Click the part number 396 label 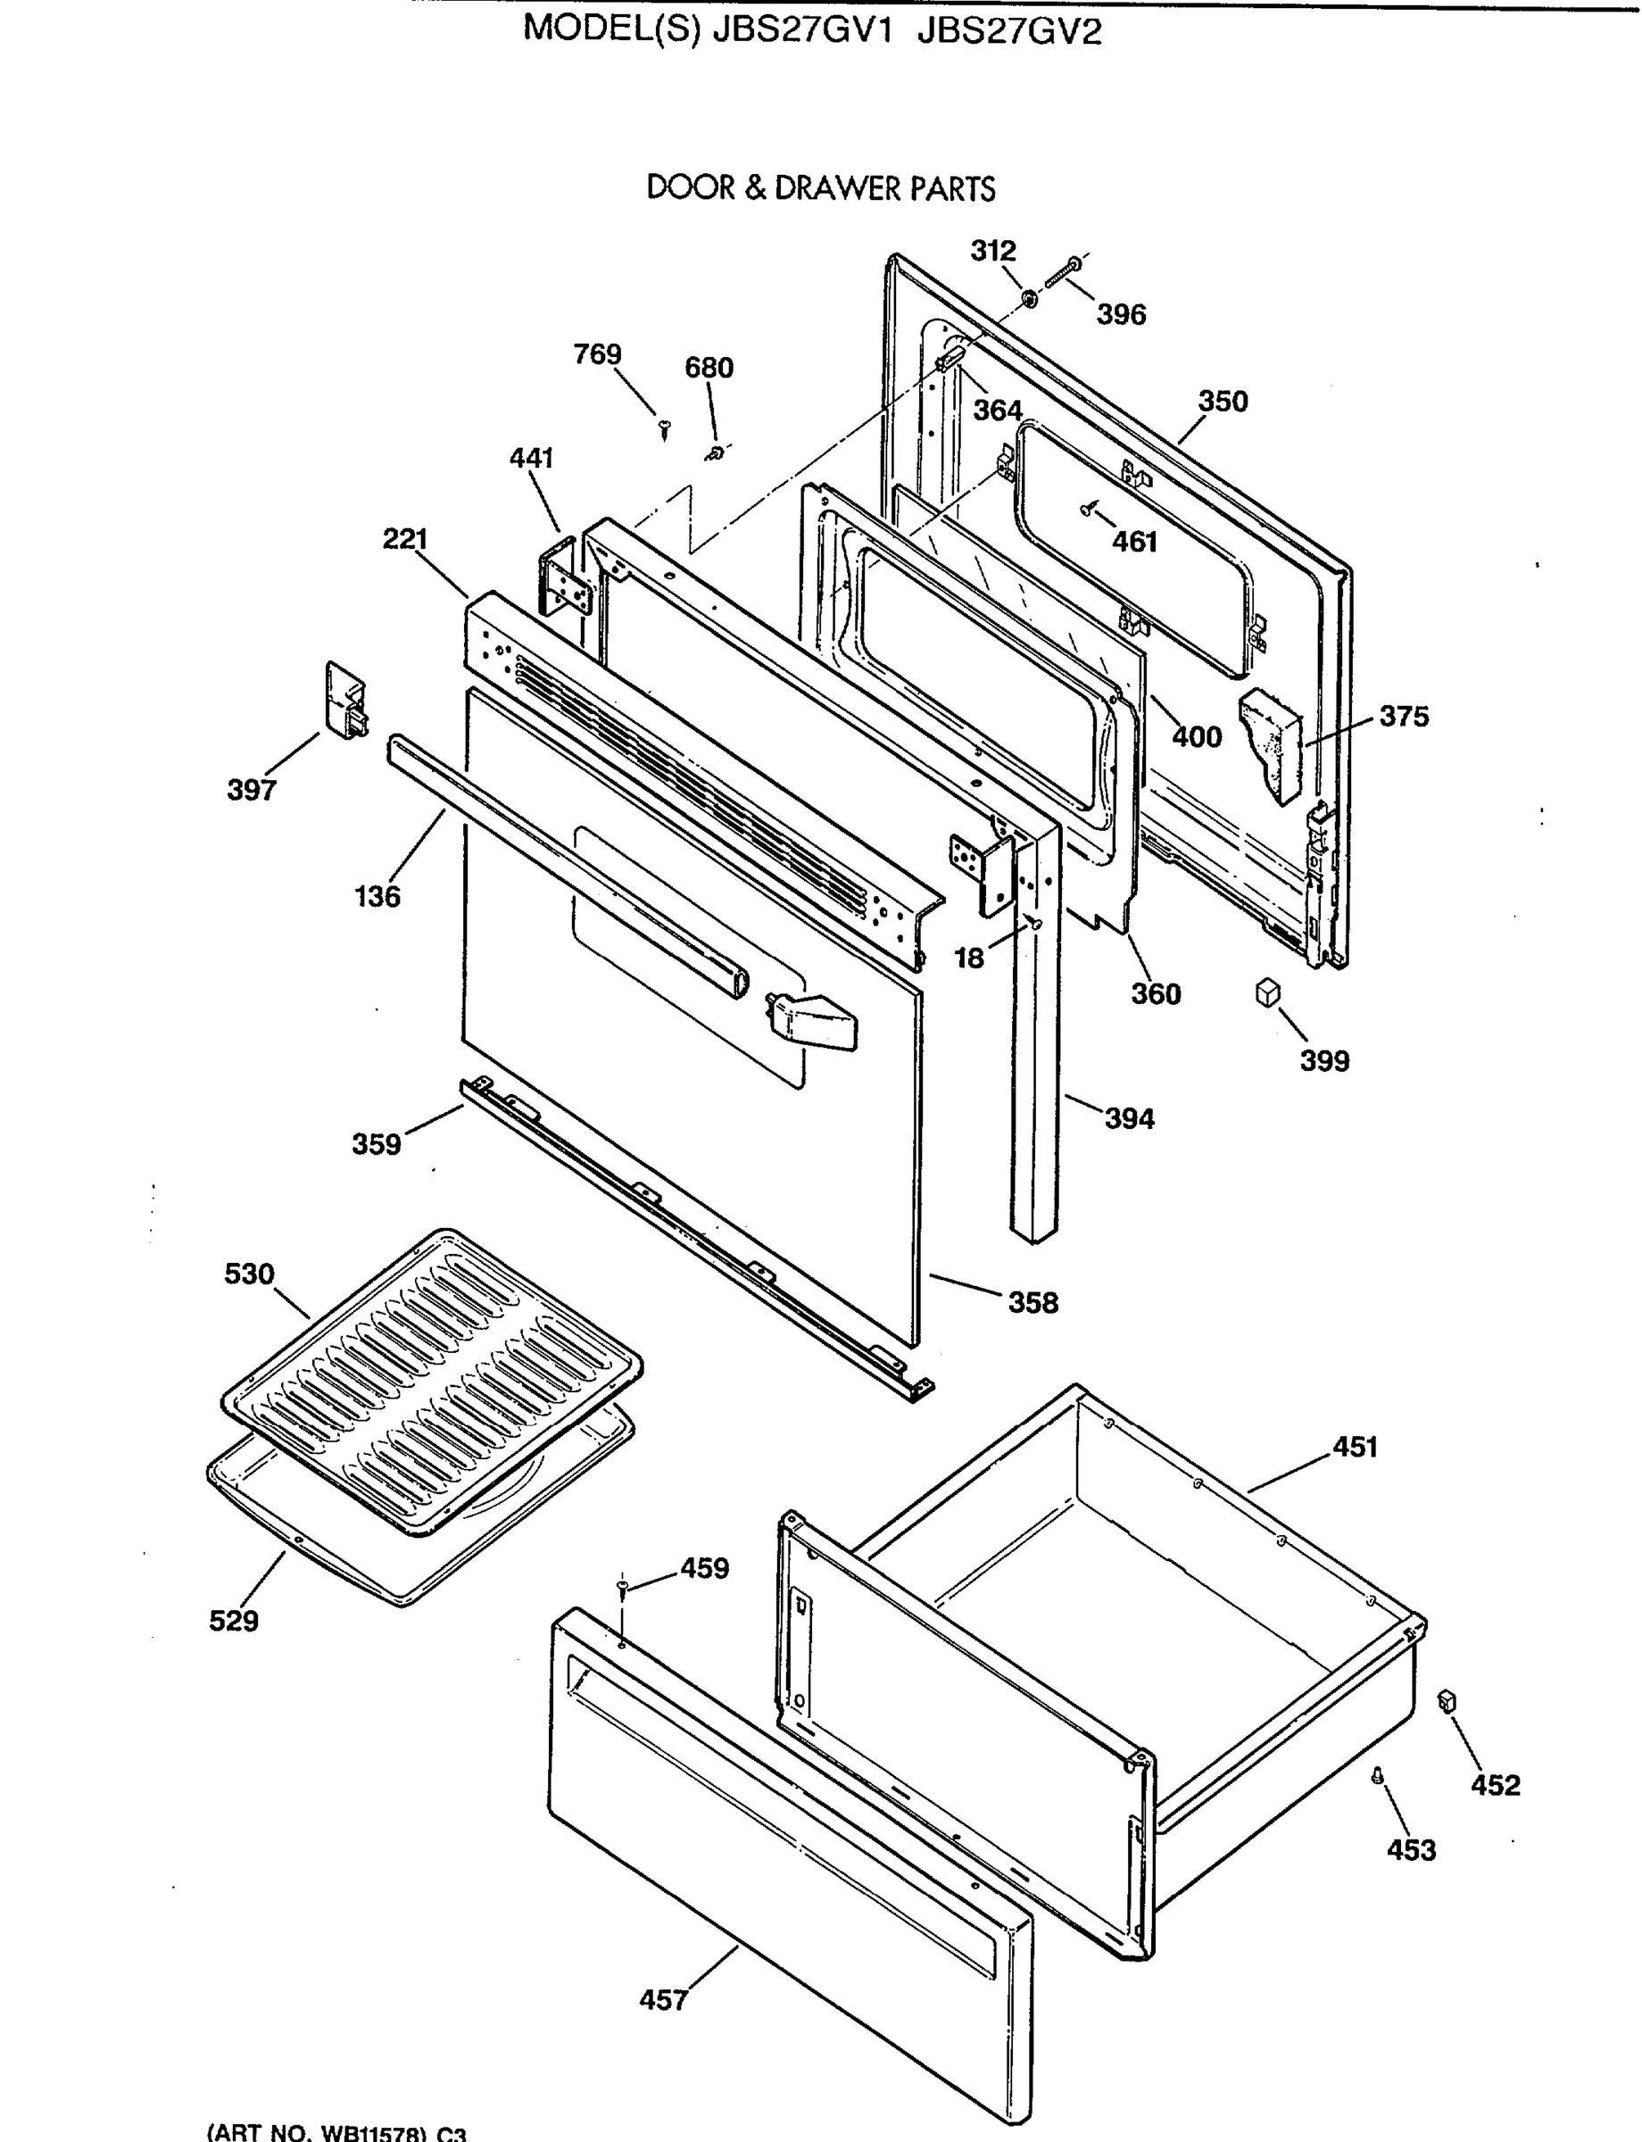[1120, 315]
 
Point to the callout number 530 [249, 1274]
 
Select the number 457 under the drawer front [664, 2000]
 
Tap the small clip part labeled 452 [1447, 1702]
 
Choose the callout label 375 [1404, 717]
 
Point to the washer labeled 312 [1029, 296]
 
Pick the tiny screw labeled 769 [666, 427]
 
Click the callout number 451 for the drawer [1355, 1447]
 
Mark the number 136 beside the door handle [377, 895]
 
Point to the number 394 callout [1129, 1118]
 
